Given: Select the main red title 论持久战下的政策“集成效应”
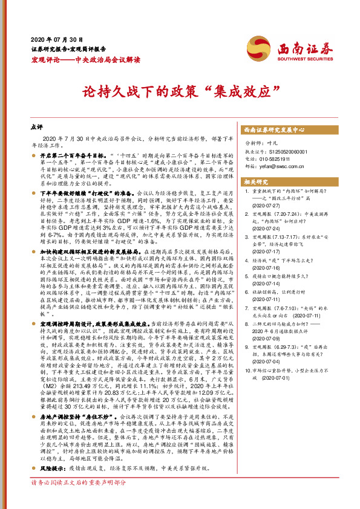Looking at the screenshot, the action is coord(180,92).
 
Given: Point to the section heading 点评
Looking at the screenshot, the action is coord(36,128).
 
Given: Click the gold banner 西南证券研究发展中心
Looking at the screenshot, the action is coord(274,130).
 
